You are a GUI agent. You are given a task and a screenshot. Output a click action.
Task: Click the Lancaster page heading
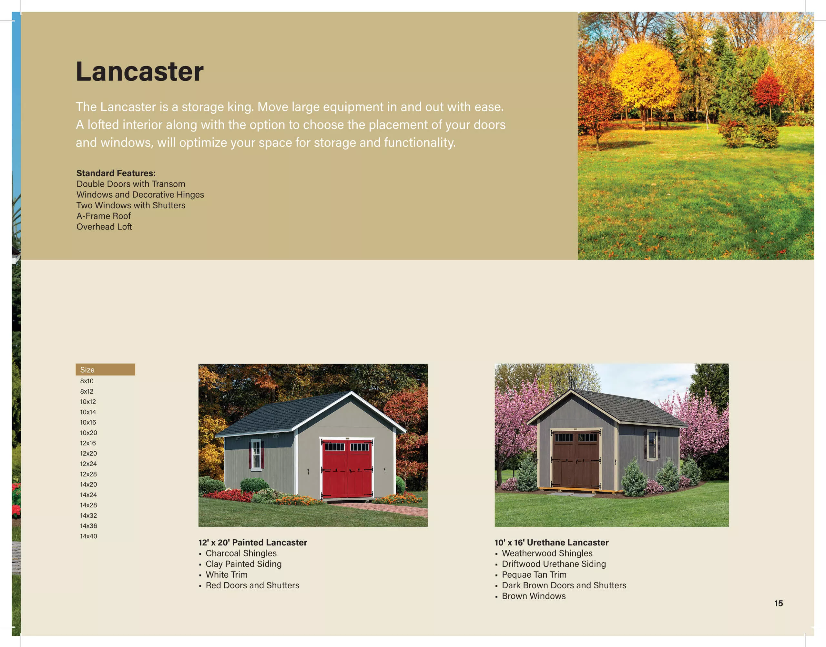coord(139,71)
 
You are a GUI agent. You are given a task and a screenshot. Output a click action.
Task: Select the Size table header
coord(105,369)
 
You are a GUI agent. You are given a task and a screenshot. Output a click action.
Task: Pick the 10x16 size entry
coord(88,422)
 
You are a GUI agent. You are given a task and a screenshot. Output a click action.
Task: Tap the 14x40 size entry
coord(88,536)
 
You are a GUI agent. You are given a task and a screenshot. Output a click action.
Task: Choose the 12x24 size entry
coord(88,464)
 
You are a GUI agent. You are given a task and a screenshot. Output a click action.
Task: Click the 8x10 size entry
coord(87,381)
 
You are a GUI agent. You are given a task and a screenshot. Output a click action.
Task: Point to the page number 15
coord(778,603)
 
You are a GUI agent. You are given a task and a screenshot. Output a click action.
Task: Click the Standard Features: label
coord(116,173)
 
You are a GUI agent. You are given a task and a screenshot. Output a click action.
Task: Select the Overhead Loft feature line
coord(104,227)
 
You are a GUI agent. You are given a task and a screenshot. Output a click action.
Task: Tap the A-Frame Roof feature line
coord(104,216)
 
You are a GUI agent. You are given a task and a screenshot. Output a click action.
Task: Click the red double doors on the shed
coord(347,469)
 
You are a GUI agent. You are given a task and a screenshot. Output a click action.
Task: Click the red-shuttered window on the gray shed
coord(256,455)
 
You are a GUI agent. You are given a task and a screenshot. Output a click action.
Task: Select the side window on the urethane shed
coord(652,445)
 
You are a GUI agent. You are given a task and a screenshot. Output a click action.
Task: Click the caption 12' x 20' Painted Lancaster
coord(253,543)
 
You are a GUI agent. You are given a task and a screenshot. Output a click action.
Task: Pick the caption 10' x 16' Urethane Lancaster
coord(551,543)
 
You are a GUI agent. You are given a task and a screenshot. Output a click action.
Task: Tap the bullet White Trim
coord(226,575)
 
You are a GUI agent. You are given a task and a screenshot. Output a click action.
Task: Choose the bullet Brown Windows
coord(534,596)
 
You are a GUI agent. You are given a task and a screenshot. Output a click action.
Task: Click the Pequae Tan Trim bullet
coord(534,575)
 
